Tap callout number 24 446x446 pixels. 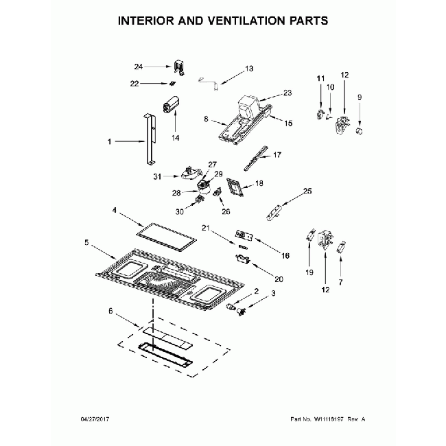[x=139, y=67]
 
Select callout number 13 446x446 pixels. [x=249, y=69]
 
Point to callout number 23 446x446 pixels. [x=287, y=92]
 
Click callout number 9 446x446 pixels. [x=359, y=97]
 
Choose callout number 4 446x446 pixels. [x=115, y=210]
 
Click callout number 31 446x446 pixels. [x=157, y=176]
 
